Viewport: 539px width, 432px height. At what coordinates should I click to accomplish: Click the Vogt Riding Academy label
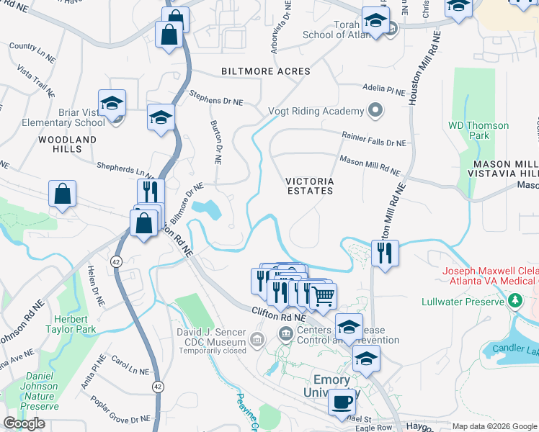(316, 111)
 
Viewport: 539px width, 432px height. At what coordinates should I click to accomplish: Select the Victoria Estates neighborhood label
(309, 186)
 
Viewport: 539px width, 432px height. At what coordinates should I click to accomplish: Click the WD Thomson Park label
(478, 130)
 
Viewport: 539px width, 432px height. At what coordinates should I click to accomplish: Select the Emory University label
(331, 386)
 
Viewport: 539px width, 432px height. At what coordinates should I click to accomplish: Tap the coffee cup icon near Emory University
(342, 402)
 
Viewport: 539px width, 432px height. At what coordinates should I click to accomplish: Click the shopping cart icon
(324, 294)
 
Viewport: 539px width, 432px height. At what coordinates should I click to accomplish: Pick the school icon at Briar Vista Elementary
(112, 105)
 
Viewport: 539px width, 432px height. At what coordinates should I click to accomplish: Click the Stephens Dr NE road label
(215, 98)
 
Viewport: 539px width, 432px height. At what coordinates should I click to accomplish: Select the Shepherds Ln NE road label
(126, 170)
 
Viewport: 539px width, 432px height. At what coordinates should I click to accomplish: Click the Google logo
(24, 423)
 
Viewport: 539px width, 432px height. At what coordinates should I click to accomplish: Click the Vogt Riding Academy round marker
(375, 111)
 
